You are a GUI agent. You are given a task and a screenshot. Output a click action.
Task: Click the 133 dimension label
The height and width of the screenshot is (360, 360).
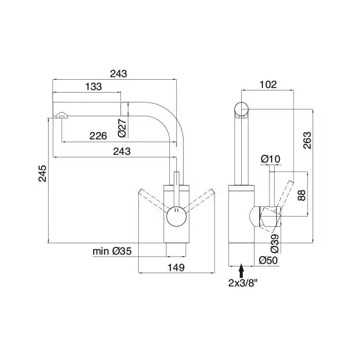click(x=94, y=87)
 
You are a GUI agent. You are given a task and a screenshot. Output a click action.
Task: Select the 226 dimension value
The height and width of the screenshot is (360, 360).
click(x=98, y=136)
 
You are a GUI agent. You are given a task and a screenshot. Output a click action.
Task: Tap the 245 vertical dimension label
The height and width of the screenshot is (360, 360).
click(x=43, y=173)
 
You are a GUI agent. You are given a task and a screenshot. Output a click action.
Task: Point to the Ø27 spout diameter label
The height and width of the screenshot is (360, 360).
click(x=122, y=128)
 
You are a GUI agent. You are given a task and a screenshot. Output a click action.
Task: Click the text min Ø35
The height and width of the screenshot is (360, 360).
click(x=112, y=251)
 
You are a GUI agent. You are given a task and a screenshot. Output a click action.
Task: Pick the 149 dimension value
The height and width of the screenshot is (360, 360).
click(x=176, y=267)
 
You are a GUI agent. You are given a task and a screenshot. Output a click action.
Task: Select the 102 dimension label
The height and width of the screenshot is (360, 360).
click(x=268, y=84)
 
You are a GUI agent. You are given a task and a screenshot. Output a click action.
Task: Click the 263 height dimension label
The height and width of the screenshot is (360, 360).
click(x=307, y=140)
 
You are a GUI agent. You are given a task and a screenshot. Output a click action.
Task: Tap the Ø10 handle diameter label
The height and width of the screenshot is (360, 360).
click(x=271, y=159)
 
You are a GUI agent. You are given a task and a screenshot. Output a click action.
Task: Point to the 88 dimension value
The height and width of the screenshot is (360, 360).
click(x=302, y=195)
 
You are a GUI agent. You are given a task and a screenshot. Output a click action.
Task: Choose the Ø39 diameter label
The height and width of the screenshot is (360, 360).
click(x=275, y=244)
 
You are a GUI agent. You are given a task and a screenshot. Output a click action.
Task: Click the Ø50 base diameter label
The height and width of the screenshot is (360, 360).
click(x=268, y=260)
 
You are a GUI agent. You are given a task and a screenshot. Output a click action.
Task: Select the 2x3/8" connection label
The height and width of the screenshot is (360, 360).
click(x=243, y=283)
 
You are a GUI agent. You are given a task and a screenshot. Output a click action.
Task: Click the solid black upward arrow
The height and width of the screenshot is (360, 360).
click(x=241, y=271)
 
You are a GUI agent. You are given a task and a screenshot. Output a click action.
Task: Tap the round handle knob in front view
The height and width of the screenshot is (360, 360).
click(x=176, y=216)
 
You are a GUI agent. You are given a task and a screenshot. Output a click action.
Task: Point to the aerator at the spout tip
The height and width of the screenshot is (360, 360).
click(x=61, y=115)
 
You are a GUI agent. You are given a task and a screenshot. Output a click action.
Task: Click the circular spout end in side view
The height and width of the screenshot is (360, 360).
click(x=242, y=109)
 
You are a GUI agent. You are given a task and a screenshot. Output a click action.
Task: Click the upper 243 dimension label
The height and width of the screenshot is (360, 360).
click(x=118, y=74)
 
